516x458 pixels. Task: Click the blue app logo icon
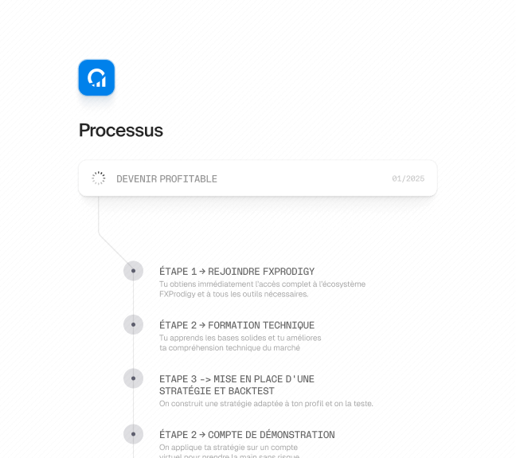(x=96, y=78)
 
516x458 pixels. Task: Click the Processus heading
(x=121, y=131)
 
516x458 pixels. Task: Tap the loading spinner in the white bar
(x=99, y=178)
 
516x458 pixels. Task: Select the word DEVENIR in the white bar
(x=137, y=179)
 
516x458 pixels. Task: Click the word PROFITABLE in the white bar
(x=189, y=179)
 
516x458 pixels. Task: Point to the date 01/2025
(x=408, y=179)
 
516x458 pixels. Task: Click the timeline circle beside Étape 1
(x=133, y=271)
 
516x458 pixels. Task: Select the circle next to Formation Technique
(x=133, y=325)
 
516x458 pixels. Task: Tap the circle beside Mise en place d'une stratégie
(x=133, y=378)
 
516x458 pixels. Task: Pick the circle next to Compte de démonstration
(x=133, y=434)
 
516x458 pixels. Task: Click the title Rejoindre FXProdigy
(x=236, y=271)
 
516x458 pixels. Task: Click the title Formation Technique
(x=237, y=325)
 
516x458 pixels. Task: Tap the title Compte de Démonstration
(x=247, y=435)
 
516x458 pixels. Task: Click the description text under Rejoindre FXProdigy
(x=262, y=288)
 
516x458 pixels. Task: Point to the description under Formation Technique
(x=240, y=343)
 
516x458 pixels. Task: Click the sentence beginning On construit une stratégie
(x=266, y=404)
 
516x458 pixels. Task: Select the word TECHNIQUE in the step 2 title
(x=289, y=325)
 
